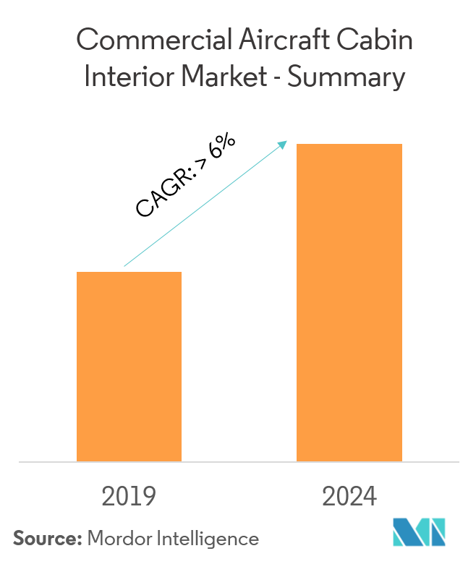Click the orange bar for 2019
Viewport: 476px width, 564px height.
pyautogui.click(x=129, y=366)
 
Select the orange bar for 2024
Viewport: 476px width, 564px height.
pyautogui.click(x=349, y=302)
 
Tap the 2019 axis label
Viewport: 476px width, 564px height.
pyautogui.click(x=129, y=497)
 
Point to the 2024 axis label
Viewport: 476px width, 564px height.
pyautogui.click(x=349, y=497)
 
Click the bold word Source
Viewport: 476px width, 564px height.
pyautogui.click(x=46, y=539)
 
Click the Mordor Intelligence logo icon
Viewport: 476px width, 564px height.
pyautogui.click(x=419, y=533)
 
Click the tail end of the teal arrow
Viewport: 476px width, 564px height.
pyautogui.click(x=125, y=266)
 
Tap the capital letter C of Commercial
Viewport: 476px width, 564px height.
pyautogui.click(x=87, y=40)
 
